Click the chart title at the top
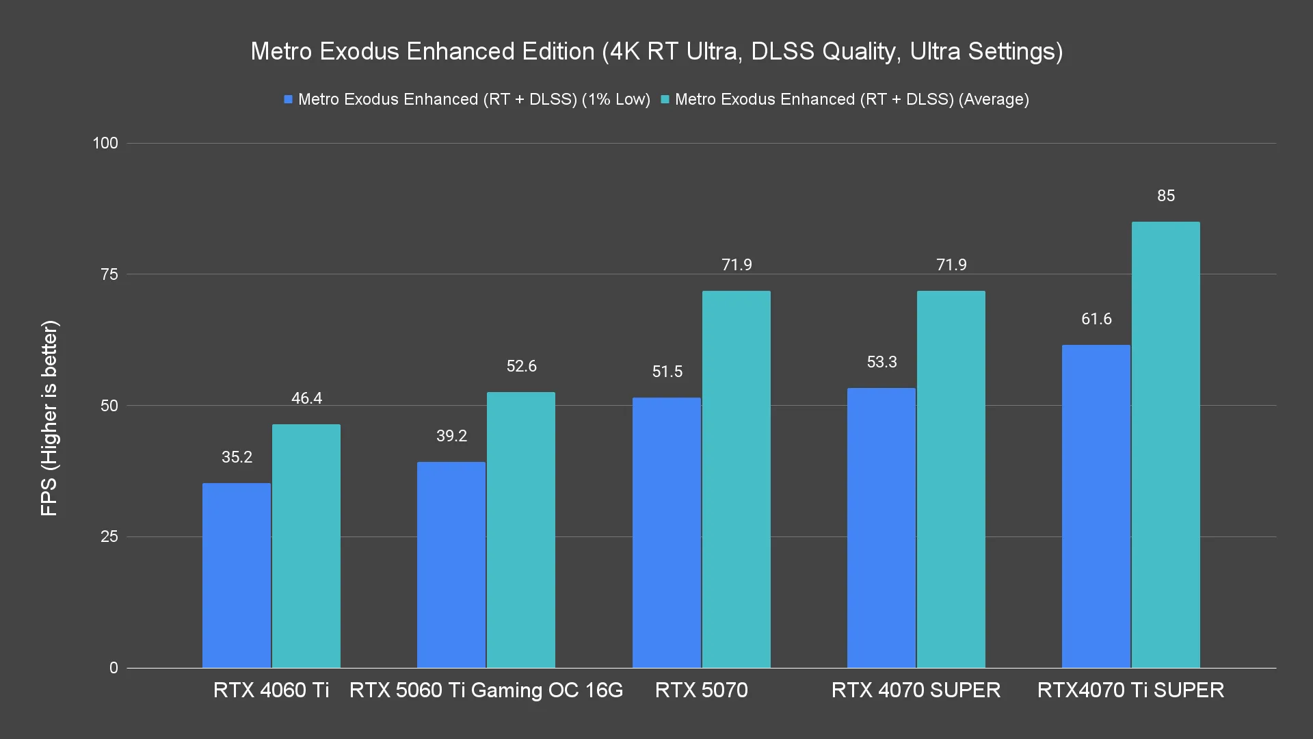[656, 51]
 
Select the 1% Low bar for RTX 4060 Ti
[237, 575]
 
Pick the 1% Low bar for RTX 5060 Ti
[451, 565]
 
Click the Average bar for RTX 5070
[736, 479]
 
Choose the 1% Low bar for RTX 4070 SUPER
[881, 528]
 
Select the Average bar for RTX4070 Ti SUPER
[1165, 445]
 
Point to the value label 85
[1166, 196]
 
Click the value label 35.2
[237, 457]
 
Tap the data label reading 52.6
[521, 366]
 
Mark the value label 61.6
[1096, 319]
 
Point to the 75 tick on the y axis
[109, 274]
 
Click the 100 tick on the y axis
[105, 143]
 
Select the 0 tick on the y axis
[114, 668]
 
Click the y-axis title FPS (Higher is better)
[49, 418]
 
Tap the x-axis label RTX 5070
[701, 690]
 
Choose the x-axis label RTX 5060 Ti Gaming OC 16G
[486, 690]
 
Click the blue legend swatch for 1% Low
[289, 100]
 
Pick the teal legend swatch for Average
[665, 100]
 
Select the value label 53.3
[881, 362]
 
